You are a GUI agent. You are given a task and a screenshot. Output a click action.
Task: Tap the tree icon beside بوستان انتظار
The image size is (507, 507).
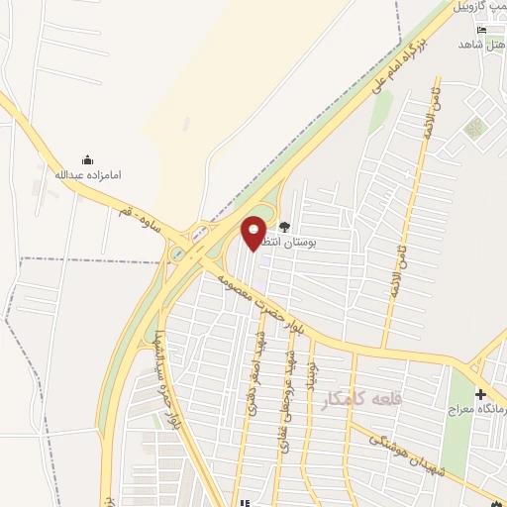[x=285, y=226]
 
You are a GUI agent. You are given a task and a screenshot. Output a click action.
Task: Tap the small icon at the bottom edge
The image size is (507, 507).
[x=244, y=502]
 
